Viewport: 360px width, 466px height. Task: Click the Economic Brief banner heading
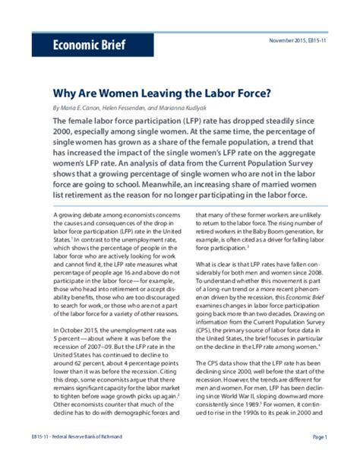(78, 43)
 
